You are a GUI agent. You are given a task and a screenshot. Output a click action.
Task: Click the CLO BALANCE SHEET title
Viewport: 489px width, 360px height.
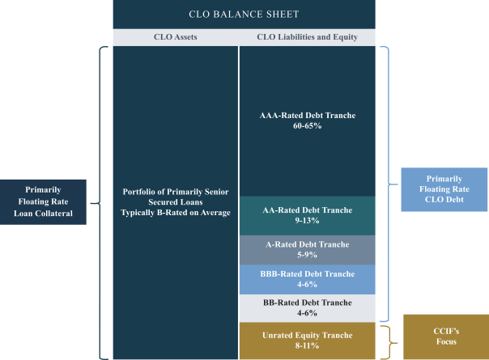(x=244, y=14)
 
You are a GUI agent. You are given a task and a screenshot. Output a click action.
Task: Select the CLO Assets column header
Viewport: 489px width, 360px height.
(x=176, y=37)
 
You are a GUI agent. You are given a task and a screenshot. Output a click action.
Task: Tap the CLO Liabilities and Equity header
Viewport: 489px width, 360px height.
(x=308, y=37)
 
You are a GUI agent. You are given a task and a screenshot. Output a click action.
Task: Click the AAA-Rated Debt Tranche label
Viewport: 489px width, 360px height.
(x=308, y=116)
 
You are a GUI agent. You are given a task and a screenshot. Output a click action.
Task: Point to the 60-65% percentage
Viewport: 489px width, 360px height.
(x=308, y=127)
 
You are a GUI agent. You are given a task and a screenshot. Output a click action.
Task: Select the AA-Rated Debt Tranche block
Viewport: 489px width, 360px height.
(x=308, y=215)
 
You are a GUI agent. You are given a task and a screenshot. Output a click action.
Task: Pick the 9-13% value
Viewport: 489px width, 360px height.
(x=308, y=221)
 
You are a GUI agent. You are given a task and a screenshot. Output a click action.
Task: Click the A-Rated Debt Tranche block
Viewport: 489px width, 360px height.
(x=308, y=249)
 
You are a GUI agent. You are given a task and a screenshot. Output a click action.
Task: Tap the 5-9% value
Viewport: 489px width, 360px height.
(x=308, y=255)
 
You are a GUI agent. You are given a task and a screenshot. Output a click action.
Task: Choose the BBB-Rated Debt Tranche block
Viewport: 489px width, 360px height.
(x=308, y=279)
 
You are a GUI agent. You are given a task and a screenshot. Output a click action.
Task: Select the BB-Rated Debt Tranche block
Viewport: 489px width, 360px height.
(x=308, y=307)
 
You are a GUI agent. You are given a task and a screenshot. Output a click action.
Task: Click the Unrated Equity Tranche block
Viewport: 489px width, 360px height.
(x=308, y=340)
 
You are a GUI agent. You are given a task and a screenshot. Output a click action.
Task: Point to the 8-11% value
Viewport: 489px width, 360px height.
(x=308, y=345)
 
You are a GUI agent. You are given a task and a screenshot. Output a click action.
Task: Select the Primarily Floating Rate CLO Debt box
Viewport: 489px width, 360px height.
(x=444, y=189)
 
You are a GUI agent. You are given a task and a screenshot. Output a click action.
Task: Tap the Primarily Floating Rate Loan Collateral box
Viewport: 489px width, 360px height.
(x=43, y=202)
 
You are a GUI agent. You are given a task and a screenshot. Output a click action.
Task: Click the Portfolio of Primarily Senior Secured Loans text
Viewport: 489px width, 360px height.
(x=176, y=197)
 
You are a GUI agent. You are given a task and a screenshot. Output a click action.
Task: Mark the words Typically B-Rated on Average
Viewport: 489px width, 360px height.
(x=176, y=213)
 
